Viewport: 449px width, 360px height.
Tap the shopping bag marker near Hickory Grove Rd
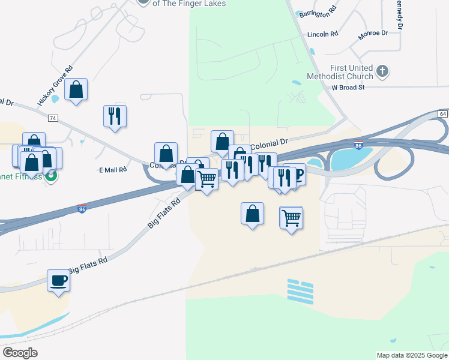pos(76,90)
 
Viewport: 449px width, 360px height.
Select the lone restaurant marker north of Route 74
pos(115,116)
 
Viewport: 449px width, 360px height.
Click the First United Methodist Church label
pos(339,72)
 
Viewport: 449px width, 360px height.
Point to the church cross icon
pos(382,72)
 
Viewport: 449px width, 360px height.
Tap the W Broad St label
pos(348,88)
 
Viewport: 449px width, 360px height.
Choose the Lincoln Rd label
pos(322,34)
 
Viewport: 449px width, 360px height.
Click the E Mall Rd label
pos(113,170)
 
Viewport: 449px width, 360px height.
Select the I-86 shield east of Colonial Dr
pos(358,146)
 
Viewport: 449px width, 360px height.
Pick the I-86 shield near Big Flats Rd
pos(82,209)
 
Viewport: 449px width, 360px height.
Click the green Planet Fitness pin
pos(52,177)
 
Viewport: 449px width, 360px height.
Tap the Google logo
pos(20,353)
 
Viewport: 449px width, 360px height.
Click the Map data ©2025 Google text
pos(412,355)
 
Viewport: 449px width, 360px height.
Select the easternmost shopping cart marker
pos(291,218)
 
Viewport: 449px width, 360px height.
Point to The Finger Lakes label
pos(189,4)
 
